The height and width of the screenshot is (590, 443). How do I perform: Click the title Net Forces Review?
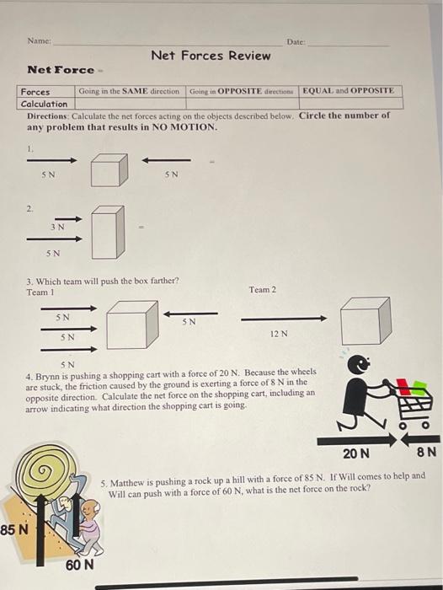211,56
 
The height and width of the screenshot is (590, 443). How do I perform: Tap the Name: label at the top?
39,40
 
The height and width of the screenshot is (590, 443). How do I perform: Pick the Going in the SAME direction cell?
129,90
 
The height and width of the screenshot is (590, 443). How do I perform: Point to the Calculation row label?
44,104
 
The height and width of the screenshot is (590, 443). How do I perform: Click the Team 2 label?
262,290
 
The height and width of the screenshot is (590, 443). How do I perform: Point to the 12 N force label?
280,334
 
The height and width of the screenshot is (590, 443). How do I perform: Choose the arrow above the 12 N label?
284,319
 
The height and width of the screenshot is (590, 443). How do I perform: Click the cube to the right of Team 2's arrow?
365,320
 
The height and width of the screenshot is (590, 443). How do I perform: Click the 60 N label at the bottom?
79,564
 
